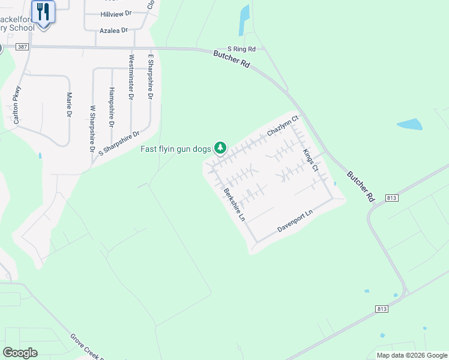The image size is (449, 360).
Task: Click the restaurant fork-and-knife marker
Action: click(43, 11)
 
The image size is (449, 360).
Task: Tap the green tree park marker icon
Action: click(221, 147)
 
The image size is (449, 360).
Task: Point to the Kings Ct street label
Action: click(310, 160)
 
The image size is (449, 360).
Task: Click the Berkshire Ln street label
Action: click(235, 205)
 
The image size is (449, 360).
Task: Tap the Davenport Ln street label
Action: click(295, 221)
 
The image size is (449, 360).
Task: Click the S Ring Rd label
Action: click(241, 49)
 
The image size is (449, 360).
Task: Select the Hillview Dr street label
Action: click(115, 14)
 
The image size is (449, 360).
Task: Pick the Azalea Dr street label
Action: click(115, 29)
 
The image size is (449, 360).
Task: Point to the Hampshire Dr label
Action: click(112, 107)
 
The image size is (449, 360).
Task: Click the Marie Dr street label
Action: click(70, 104)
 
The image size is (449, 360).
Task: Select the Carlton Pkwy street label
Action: click(17, 105)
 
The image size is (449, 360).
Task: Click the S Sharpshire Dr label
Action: click(118, 142)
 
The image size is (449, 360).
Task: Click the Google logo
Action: click(20, 353)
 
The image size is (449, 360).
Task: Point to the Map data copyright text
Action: click(412, 355)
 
